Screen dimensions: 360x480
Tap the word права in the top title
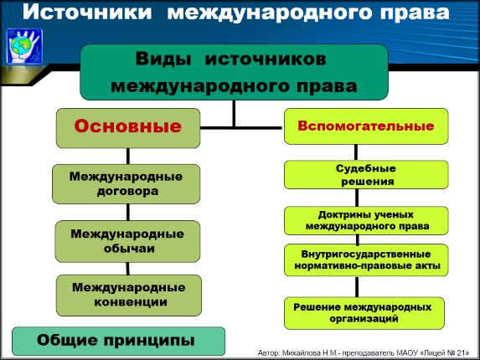[x=410, y=13]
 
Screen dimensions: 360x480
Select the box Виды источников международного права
[x=234, y=72]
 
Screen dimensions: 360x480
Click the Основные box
[x=128, y=127]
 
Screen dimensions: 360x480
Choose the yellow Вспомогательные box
[x=365, y=126]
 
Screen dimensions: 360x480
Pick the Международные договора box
[x=126, y=183]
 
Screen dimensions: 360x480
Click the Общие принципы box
[x=117, y=340]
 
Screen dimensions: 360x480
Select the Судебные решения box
[x=365, y=174]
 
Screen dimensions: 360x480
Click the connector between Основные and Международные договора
[x=128, y=155]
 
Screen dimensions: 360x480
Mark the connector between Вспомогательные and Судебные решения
[x=365, y=152]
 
